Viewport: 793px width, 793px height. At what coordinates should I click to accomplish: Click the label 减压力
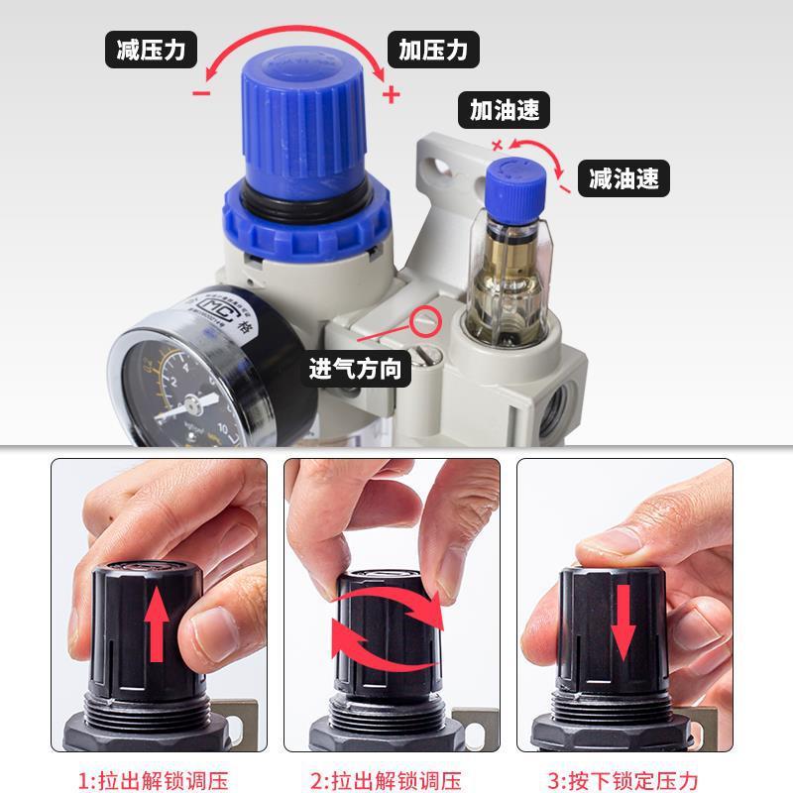click(x=151, y=50)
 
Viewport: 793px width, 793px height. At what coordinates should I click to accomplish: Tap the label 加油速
click(x=505, y=110)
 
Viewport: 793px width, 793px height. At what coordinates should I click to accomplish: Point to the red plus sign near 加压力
click(x=391, y=95)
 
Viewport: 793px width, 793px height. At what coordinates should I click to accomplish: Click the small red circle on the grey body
click(x=428, y=320)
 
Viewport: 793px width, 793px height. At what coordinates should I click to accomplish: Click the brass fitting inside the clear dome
click(x=512, y=268)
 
